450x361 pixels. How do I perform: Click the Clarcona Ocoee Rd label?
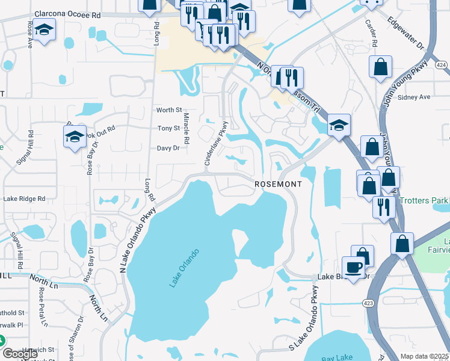(x=67, y=13)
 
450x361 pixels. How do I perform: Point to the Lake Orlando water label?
(x=184, y=268)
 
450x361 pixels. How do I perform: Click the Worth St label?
(x=169, y=110)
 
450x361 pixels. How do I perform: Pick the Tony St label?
(x=168, y=128)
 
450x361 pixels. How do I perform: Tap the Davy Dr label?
(x=168, y=148)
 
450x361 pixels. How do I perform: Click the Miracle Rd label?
(x=186, y=128)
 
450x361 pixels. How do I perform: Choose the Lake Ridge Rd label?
(x=25, y=199)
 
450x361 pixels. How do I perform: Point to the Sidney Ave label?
(x=415, y=97)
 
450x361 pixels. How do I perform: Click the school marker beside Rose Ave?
(x=45, y=31)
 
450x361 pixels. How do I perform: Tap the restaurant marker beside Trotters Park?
(x=384, y=208)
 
